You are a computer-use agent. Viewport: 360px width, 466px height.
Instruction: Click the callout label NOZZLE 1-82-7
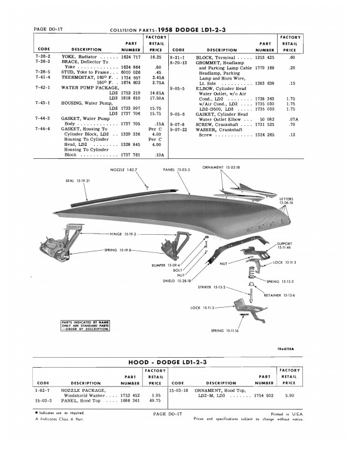point(123,169)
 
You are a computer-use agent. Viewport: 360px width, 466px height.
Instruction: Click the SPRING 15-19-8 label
point(118,251)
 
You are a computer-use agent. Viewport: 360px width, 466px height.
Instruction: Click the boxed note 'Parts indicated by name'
point(79,325)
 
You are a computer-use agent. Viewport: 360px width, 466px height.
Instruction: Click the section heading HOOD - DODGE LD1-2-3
point(179,361)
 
